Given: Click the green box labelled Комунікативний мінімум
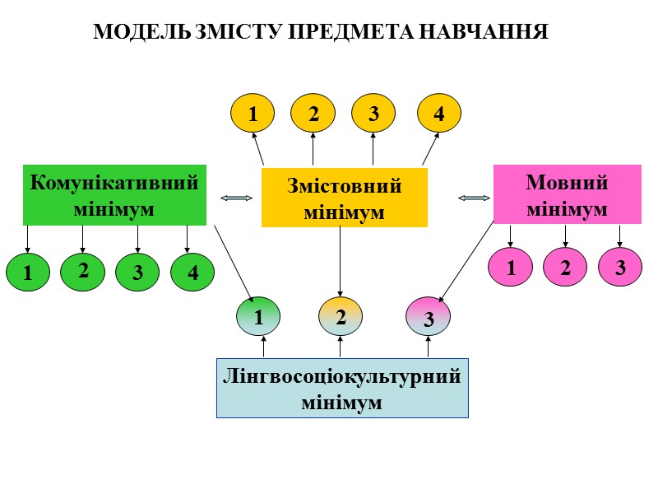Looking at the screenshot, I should coord(114,195).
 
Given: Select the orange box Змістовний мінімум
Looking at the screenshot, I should coord(344,198).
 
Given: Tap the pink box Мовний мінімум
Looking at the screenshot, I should coord(567,194).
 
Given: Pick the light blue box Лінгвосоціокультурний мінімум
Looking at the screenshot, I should coord(342,388).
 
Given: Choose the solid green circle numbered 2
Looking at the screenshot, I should coord(82,270).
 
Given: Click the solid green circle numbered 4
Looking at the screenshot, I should coord(192,273).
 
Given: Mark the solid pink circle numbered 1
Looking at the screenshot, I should coord(511,268).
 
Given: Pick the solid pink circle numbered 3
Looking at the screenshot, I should coord(620,268).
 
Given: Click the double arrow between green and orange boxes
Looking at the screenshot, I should coord(236,198).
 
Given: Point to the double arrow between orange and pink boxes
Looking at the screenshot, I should coord(473,198).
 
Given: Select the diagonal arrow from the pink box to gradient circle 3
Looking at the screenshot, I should coord(467,262).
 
